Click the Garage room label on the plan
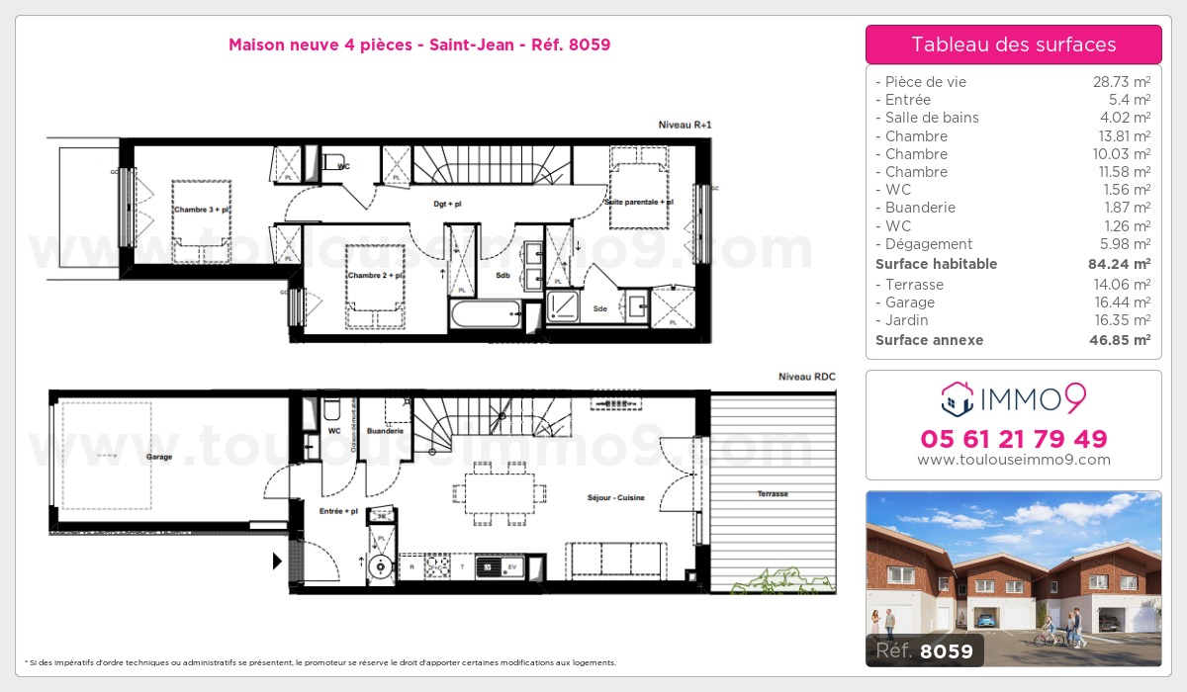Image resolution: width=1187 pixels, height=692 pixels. pyautogui.click(x=158, y=457)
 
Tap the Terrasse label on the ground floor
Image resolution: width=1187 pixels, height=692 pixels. pyautogui.click(x=774, y=493)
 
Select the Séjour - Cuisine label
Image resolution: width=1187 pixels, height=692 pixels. pyautogui.click(x=615, y=497)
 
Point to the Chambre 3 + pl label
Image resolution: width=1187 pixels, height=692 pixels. pyautogui.click(x=201, y=210)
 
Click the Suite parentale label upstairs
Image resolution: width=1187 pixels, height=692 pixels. pyautogui.click(x=638, y=202)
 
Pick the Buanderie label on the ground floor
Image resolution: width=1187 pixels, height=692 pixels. pyautogui.click(x=384, y=431)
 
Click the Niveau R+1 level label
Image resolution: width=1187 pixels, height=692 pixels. pyautogui.click(x=685, y=125)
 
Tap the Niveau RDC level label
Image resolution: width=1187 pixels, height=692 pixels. pyautogui.click(x=806, y=377)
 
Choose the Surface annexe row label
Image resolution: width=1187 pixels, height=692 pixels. pyautogui.click(x=929, y=340)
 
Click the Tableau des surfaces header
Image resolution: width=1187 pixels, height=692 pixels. pyautogui.click(x=1013, y=44)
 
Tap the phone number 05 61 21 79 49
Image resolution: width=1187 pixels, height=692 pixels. pyautogui.click(x=1013, y=439)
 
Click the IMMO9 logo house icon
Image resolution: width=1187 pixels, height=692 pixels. pyautogui.click(x=957, y=398)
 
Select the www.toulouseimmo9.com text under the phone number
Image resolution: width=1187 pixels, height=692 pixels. pyautogui.click(x=1013, y=460)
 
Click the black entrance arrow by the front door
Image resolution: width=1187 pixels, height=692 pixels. pyautogui.click(x=278, y=562)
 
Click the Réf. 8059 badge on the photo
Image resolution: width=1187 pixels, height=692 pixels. pyautogui.click(x=920, y=651)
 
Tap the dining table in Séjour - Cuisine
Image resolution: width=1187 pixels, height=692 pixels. pyautogui.click(x=500, y=490)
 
